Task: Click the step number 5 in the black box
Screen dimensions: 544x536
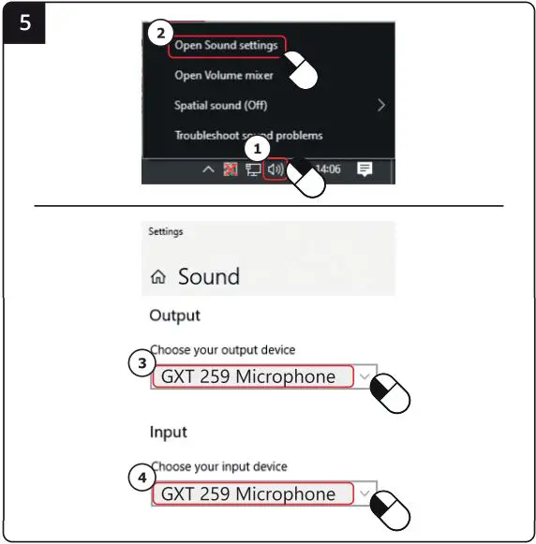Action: [x=24, y=22]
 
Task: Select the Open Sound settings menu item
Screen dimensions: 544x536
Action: [x=225, y=46]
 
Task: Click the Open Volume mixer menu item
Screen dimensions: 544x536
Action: [x=223, y=76]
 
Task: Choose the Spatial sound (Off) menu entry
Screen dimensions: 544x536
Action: [x=220, y=106]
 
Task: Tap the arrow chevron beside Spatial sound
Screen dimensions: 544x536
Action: [x=381, y=106]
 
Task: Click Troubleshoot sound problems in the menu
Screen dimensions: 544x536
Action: [x=247, y=136]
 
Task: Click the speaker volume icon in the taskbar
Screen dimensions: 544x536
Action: [x=275, y=169]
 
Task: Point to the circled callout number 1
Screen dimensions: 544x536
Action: [x=260, y=147]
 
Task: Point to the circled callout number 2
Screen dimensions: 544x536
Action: [x=160, y=33]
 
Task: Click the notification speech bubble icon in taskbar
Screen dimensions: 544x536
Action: [x=365, y=169]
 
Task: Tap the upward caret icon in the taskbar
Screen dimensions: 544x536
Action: [x=208, y=169]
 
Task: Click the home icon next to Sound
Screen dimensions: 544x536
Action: [x=157, y=277]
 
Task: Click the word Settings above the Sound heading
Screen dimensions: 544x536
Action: [x=166, y=231]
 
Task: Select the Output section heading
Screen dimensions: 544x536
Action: [x=174, y=316]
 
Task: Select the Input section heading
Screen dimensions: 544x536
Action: [x=168, y=432]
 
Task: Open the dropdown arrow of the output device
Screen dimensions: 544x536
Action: [x=365, y=377]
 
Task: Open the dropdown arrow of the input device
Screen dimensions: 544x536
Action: [x=365, y=493]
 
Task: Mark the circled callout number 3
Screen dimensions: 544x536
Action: [x=141, y=364]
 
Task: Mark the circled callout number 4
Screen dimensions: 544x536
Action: [x=141, y=478]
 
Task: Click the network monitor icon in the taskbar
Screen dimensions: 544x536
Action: [x=252, y=169]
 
